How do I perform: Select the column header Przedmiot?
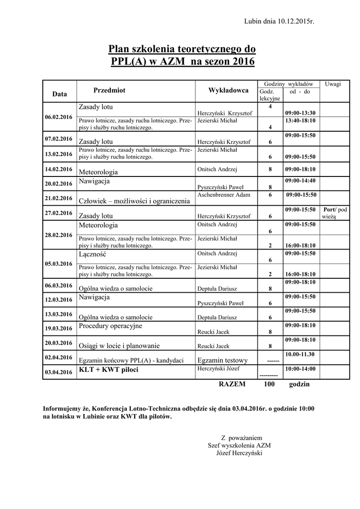[x=109, y=90]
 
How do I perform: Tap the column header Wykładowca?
[x=228, y=90]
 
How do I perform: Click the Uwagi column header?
[x=333, y=84]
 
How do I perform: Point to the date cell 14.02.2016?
[x=59, y=169]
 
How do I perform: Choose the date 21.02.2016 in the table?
[x=59, y=198]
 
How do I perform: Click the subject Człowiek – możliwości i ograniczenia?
[x=134, y=201]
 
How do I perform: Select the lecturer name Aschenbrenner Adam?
[x=224, y=194]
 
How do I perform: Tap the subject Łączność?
[x=92, y=254]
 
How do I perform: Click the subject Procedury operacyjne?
[x=110, y=326]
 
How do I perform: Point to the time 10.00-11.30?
[x=300, y=354]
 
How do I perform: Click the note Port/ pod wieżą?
[x=335, y=213]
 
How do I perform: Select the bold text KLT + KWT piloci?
[x=108, y=370]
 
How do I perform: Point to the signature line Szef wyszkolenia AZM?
[x=239, y=445]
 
